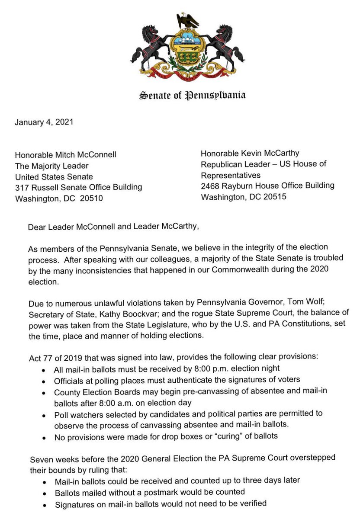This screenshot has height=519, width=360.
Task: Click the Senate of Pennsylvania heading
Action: [x=192, y=95]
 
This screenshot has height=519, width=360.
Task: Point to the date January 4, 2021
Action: [x=44, y=122]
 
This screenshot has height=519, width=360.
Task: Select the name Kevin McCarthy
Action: [x=271, y=153]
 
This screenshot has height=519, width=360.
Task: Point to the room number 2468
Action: [x=211, y=186]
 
